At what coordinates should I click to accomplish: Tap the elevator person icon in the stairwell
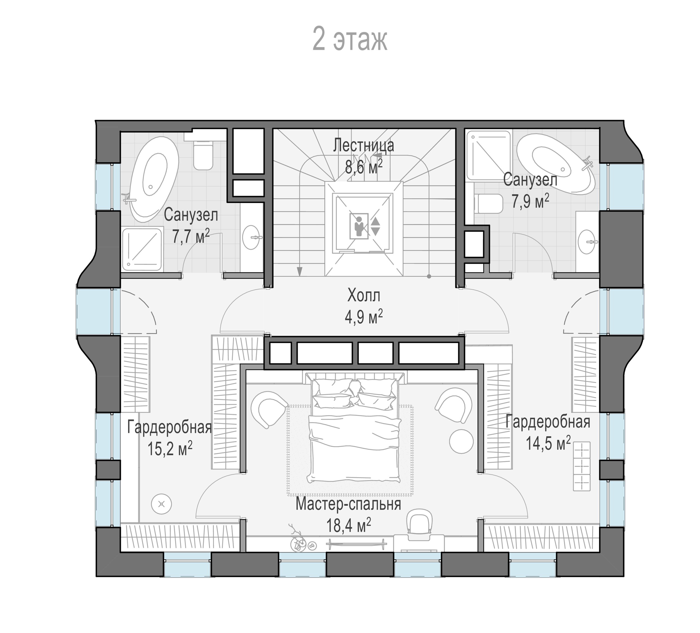359,225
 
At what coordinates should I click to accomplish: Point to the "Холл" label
364,296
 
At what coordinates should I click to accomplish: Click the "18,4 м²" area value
348,525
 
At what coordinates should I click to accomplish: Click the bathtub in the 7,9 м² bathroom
556,164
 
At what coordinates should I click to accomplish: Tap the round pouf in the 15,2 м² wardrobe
162,504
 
